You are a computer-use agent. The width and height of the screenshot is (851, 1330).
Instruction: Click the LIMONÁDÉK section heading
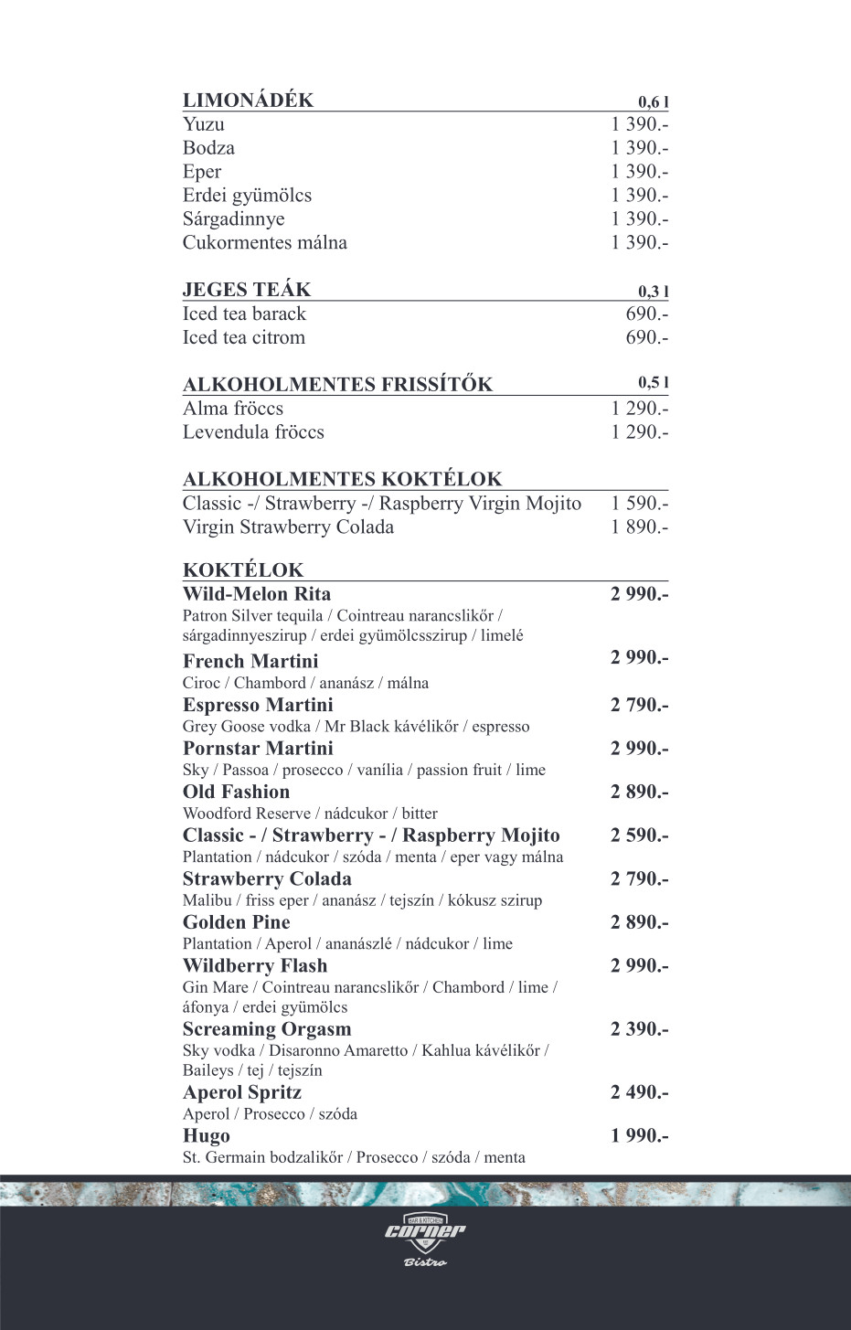click(x=248, y=101)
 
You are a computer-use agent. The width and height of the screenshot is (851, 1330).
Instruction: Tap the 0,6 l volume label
click(x=653, y=102)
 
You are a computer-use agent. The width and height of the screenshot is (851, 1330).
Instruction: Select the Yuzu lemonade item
click(x=203, y=124)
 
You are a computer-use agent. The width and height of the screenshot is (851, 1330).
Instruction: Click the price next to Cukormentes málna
click(x=639, y=242)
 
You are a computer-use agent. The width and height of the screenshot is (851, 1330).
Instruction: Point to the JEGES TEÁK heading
click(x=247, y=290)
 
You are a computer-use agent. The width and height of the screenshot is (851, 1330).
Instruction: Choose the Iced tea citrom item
click(x=243, y=337)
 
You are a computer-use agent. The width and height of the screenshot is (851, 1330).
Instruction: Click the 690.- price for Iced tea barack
click(x=646, y=314)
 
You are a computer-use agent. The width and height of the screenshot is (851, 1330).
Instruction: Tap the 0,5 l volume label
click(x=653, y=383)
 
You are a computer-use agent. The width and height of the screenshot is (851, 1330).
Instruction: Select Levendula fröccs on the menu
click(x=253, y=432)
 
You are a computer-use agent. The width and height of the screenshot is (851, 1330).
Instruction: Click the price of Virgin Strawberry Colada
click(x=639, y=527)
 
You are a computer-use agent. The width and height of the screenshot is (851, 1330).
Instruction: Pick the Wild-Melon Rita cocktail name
click(x=257, y=594)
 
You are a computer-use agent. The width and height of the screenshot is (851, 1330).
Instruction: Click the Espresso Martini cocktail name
click(x=258, y=705)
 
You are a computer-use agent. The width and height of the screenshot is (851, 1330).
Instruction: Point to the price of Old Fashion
click(x=639, y=793)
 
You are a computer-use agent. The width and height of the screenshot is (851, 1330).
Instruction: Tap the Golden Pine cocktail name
click(x=236, y=922)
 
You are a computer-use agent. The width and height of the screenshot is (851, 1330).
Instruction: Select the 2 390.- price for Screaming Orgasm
click(x=639, y=1029)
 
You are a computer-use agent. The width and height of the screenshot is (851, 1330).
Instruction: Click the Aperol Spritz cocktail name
click(x=241, y=1092)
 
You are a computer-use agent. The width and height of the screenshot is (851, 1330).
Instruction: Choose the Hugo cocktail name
click(x=206, y=1136)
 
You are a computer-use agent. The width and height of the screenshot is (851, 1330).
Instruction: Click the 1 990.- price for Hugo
click(x=639, y=1136)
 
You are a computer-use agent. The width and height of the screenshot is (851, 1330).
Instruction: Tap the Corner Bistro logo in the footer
click(x=425, y=1240)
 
